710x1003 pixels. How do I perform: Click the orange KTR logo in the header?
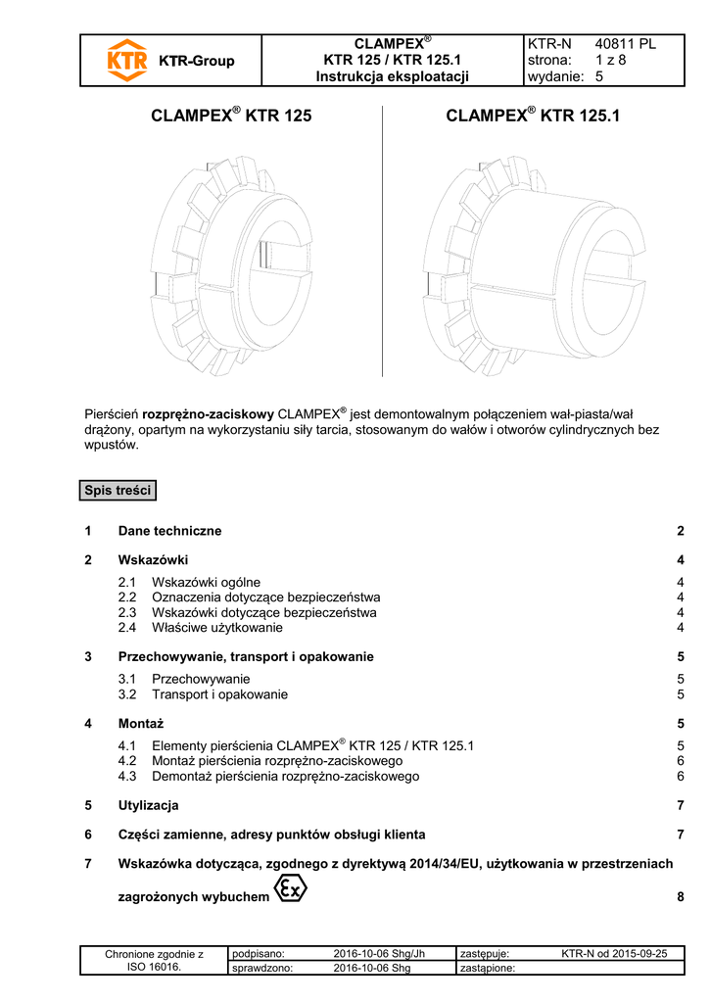[126, 60]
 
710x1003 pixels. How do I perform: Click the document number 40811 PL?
[626, 44]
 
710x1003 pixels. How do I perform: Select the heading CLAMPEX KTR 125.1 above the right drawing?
[533, 116]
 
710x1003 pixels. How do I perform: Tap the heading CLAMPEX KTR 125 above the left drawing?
[231, 116]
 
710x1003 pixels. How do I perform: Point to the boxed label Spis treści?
[118, 491]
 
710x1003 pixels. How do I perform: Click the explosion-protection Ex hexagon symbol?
[291, 889]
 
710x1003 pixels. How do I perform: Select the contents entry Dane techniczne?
[169, 531]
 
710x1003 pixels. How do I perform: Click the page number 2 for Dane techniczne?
[679, 531]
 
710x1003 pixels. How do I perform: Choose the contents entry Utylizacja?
[148, 805]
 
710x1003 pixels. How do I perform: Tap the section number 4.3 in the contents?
[127, 777]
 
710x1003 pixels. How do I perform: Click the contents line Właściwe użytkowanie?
[217, 628]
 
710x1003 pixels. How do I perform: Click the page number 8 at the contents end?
[679, 896]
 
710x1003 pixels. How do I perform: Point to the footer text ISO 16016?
[154, 967]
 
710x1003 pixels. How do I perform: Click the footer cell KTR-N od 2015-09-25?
[615, 953]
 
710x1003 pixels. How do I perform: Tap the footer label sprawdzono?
[263, 969]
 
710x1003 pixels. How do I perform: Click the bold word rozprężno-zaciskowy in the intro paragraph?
[209, 413]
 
